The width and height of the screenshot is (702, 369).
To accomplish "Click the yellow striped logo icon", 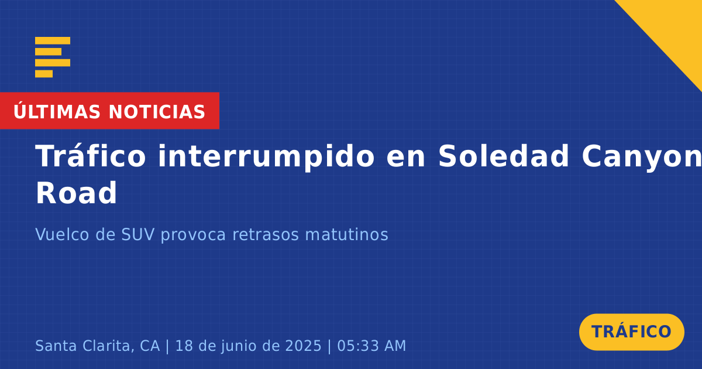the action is pos(53,57).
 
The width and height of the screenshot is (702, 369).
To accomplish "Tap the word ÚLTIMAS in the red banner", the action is pos(57,111).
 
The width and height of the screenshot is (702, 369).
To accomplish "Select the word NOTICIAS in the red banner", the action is pos(157,112).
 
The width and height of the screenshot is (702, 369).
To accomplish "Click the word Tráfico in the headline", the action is pos(90,156).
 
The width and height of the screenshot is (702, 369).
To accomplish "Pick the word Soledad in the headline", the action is pos(503,156).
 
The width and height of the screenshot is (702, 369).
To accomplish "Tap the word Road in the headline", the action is pos(76,193).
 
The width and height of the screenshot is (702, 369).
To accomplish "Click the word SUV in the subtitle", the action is pos(138,234).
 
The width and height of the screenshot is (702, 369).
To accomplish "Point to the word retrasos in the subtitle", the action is pos(266,235).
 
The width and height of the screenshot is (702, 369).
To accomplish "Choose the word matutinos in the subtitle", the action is pos(346,234).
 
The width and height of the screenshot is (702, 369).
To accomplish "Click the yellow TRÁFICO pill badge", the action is pos(631,332).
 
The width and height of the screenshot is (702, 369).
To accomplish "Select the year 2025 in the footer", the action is pos(304,346).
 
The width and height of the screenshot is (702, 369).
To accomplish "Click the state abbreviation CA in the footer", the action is pos(150,346).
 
